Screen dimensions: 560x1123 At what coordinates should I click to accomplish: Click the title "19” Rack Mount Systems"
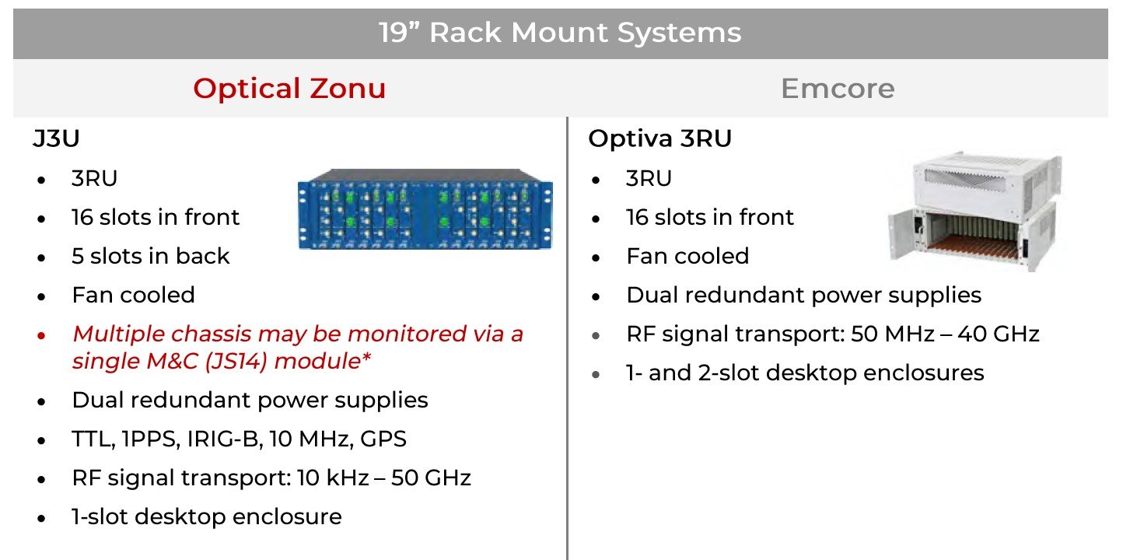tap(560, 33)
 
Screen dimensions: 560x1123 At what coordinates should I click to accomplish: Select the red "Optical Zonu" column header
tap(289, 89)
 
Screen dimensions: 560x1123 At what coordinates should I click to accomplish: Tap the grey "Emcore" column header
tap(838, 89)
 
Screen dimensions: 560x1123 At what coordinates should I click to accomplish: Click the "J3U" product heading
tap(56, 139)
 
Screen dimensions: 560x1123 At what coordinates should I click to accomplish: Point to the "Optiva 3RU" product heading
tap(659, 138)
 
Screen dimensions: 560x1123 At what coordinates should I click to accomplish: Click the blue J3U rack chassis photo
tap(425, 208)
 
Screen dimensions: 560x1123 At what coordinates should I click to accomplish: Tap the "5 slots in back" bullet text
tap(151, 257)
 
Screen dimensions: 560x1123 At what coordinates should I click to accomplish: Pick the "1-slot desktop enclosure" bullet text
tap(207, 516)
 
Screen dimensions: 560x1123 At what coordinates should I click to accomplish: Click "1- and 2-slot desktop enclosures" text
tap(805, 373)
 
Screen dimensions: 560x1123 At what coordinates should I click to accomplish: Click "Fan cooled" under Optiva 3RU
tap(687, 257)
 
